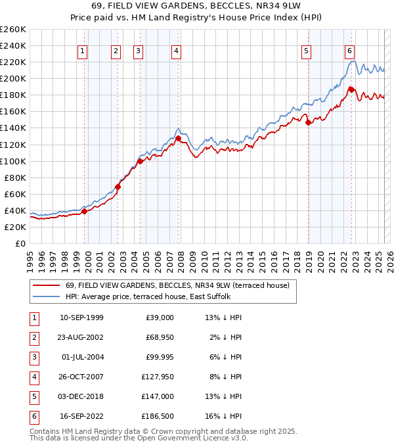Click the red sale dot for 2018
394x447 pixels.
pyautogui.click(x=309, y=122)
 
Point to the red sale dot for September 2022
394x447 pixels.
pyautogui.click(x=352, y=89)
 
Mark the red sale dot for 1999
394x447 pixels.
pyautogui.click(x=84, y=211)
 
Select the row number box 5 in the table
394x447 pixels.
pyautogui.click(x=33, y=396)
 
